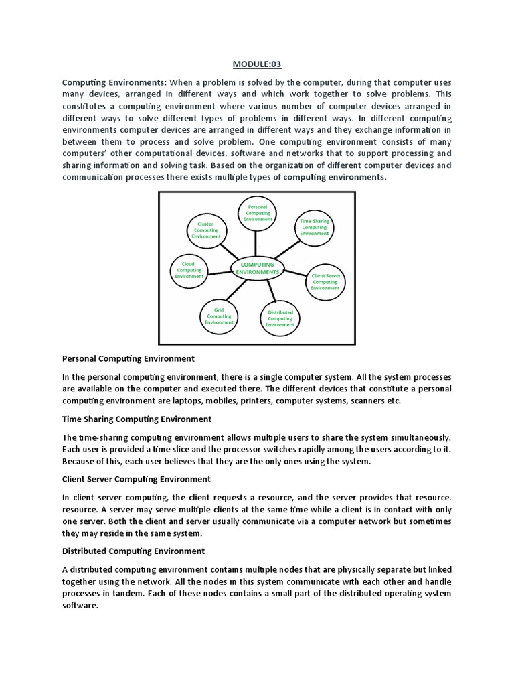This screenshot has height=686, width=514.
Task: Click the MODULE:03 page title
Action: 257,64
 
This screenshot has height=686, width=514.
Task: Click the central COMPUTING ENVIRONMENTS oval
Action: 257,269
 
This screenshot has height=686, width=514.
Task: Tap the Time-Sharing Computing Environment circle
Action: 314,226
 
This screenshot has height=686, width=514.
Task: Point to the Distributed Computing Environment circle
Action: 280,318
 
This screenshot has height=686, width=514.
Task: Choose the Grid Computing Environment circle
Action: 218,316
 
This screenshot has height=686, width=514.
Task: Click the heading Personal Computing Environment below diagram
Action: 128,358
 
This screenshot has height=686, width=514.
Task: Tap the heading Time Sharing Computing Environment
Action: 137,419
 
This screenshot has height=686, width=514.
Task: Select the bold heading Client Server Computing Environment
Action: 136,479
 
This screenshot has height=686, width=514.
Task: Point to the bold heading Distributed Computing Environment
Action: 133,551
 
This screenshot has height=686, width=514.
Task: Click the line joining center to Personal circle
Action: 256,243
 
